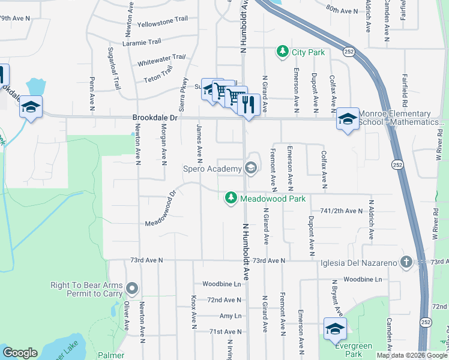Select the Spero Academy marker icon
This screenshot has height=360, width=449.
click(x=251, y=169)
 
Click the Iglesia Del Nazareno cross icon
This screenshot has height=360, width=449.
click(x=406, y=262)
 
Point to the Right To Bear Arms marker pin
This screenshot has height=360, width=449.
click(x=133, y=290)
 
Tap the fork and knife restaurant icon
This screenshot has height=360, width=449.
click(x=248, y=104)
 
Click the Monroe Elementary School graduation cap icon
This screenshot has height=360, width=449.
click(x=348, y=118)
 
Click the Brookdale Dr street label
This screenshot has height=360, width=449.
click(x=155, y=118)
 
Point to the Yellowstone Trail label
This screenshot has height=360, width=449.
click(x=163, y=22)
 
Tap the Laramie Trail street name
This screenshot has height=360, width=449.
click(x=142, y=42)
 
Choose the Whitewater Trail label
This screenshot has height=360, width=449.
click(x=161, y=61)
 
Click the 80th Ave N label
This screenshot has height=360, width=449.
click(x=342, y=10)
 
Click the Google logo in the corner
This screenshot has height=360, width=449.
click(x=20, y=353)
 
